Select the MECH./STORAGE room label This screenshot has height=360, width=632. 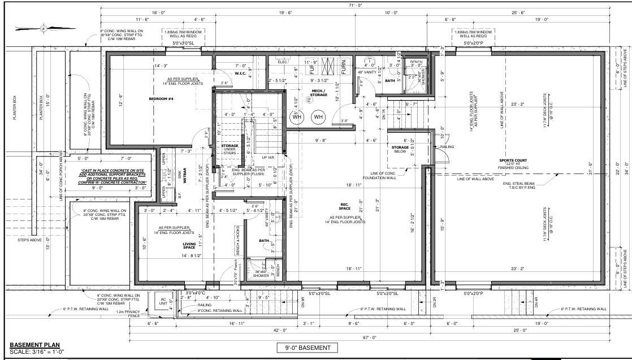click(x=319, y=92)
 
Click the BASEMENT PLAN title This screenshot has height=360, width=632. click(x=34, y=345)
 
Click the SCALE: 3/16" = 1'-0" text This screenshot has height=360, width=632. click(x=38, y=352)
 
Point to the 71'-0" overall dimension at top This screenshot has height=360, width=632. click(x=356, y=5)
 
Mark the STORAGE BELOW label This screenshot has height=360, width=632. click(x=400, y=149)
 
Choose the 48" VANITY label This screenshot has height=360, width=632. click(x=370, y=73)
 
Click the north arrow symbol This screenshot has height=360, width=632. click(x=44, y=27)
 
